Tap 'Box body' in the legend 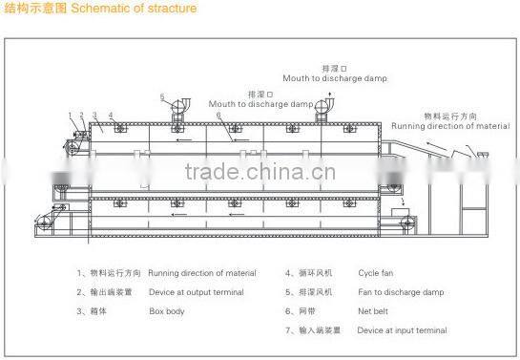[x=166, y=311]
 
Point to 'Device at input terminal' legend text [x=402, y=330]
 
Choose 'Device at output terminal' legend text [x=196, y=292]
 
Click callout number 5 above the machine [x=162, y=96]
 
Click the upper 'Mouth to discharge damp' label [x=334, y=77]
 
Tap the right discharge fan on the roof [x=327, y=108]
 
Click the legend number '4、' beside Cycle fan [x=289, y=273]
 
